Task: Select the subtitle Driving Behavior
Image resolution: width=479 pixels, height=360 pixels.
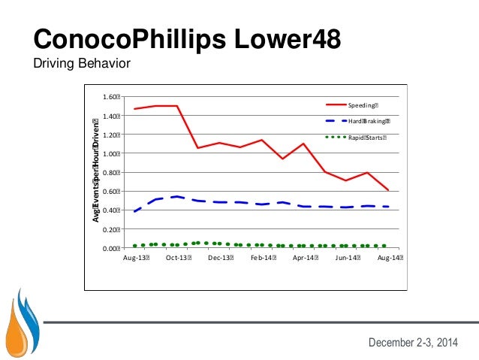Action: click(83, 64)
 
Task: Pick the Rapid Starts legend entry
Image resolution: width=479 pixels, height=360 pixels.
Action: click(365, 138)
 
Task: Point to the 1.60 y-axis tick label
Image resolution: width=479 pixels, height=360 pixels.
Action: click(111, 97)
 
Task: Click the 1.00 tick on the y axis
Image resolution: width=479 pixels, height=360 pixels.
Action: click(111, 154)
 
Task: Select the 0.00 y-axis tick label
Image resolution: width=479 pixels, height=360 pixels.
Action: click(111, 248)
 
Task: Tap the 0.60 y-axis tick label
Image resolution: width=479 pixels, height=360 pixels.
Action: click(111, 192)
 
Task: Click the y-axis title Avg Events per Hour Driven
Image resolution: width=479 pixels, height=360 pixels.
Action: click(96, 171)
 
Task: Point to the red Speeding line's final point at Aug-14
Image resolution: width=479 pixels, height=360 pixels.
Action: click(388, 190)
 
